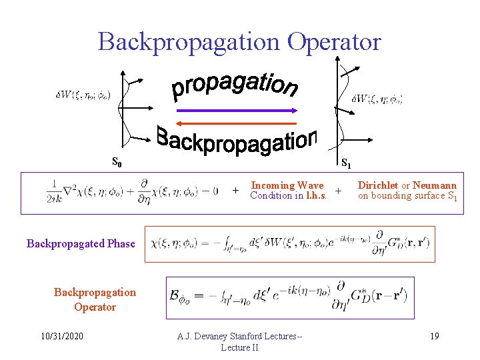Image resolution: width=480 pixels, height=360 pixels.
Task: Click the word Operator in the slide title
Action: coord(334,41)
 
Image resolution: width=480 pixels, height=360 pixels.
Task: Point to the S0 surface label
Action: coord(117,161)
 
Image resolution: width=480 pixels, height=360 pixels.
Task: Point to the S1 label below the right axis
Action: coord(347,164)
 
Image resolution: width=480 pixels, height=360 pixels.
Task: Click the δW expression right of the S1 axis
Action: coord(377,99)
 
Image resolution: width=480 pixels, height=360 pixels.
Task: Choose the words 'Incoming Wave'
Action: coord(287,185)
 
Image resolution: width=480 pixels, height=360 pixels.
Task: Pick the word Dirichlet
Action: coord(378,185)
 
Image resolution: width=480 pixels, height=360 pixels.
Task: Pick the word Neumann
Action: coord(435,185)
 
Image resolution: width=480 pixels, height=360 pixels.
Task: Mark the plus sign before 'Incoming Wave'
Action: coord(235,191)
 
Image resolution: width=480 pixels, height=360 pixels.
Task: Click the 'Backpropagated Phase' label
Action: coord(81,243)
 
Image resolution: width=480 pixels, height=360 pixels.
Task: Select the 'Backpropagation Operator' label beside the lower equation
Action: coord(95,299)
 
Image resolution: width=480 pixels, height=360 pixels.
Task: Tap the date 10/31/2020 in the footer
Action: coord(61,336)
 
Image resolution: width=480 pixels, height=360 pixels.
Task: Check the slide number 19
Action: coord(434,336)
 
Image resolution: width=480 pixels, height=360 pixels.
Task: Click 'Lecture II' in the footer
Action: coord(239,347)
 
